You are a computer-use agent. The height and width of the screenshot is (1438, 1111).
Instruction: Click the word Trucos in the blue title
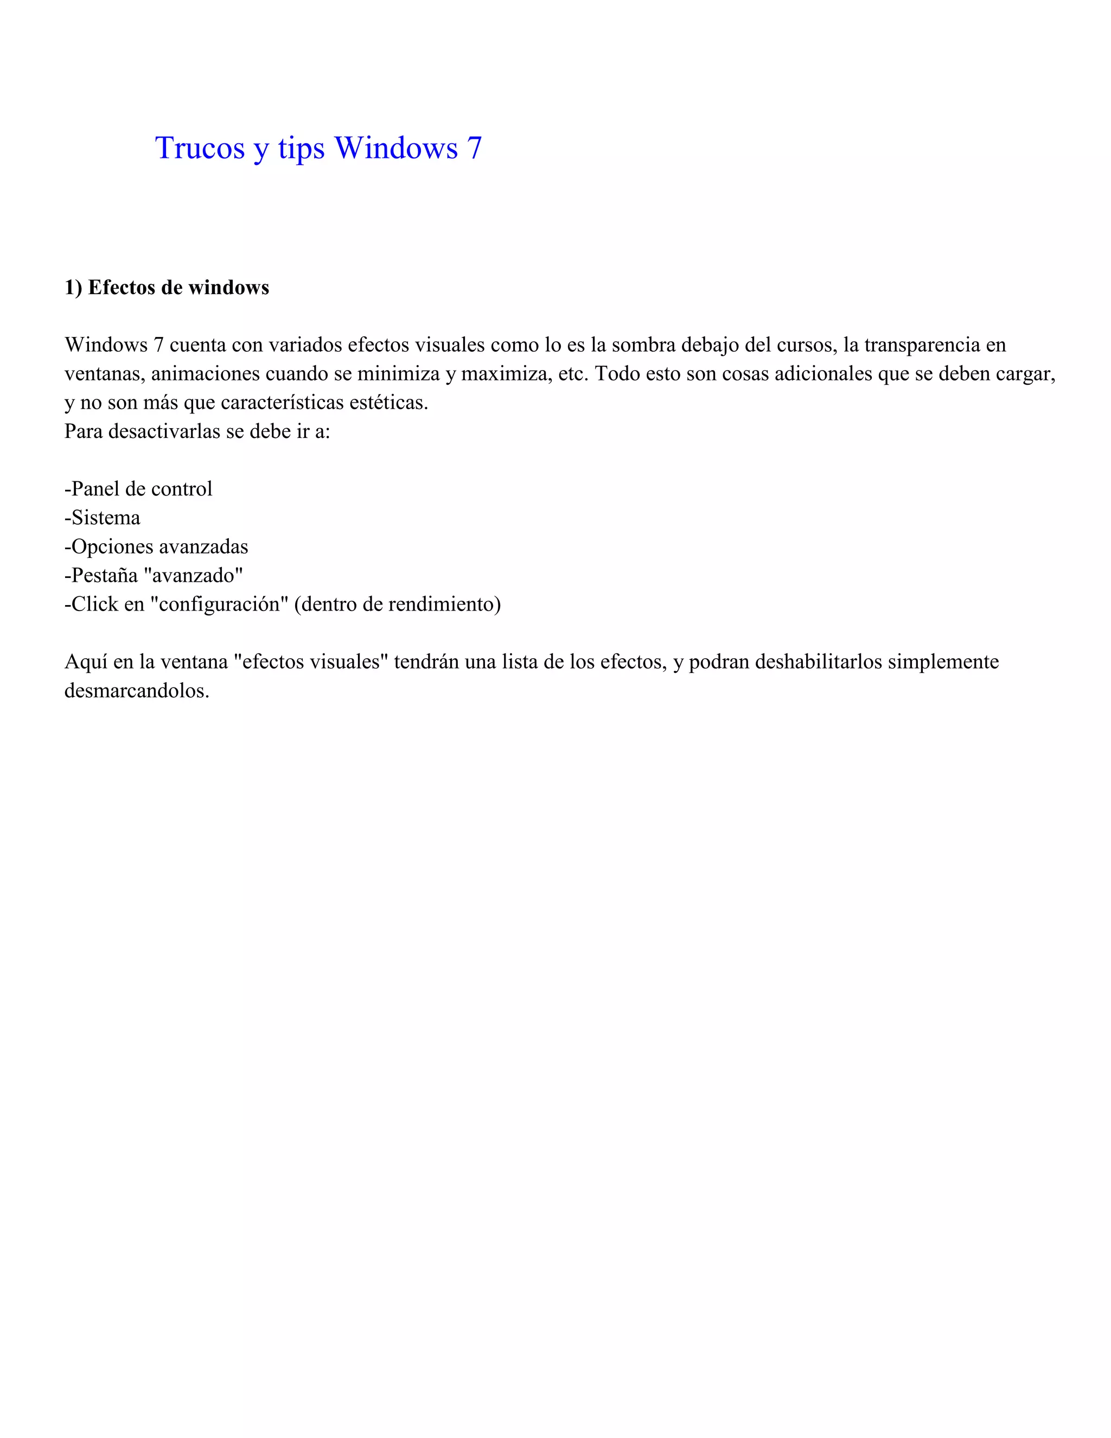(x=200, y=148)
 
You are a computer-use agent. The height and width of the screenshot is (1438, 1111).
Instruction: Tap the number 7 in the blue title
(x=475, y=148)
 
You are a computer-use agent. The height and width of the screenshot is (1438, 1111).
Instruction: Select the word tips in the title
(x=301, y=149)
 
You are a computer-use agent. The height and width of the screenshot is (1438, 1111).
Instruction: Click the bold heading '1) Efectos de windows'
(x=167, y=287)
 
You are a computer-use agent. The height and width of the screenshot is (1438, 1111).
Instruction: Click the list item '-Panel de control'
(x=138, y=488)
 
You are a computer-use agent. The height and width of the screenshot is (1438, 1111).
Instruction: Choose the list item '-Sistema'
(x=102, y=518)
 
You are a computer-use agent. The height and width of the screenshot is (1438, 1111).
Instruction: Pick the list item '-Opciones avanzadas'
(x=156, y=546)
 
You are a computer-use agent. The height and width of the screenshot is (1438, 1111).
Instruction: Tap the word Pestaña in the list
(x=105, y=575)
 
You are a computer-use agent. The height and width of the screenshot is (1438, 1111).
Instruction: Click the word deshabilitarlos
(x=818, y=661)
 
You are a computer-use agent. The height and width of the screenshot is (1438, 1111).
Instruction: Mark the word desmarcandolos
(x=136, y=691)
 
